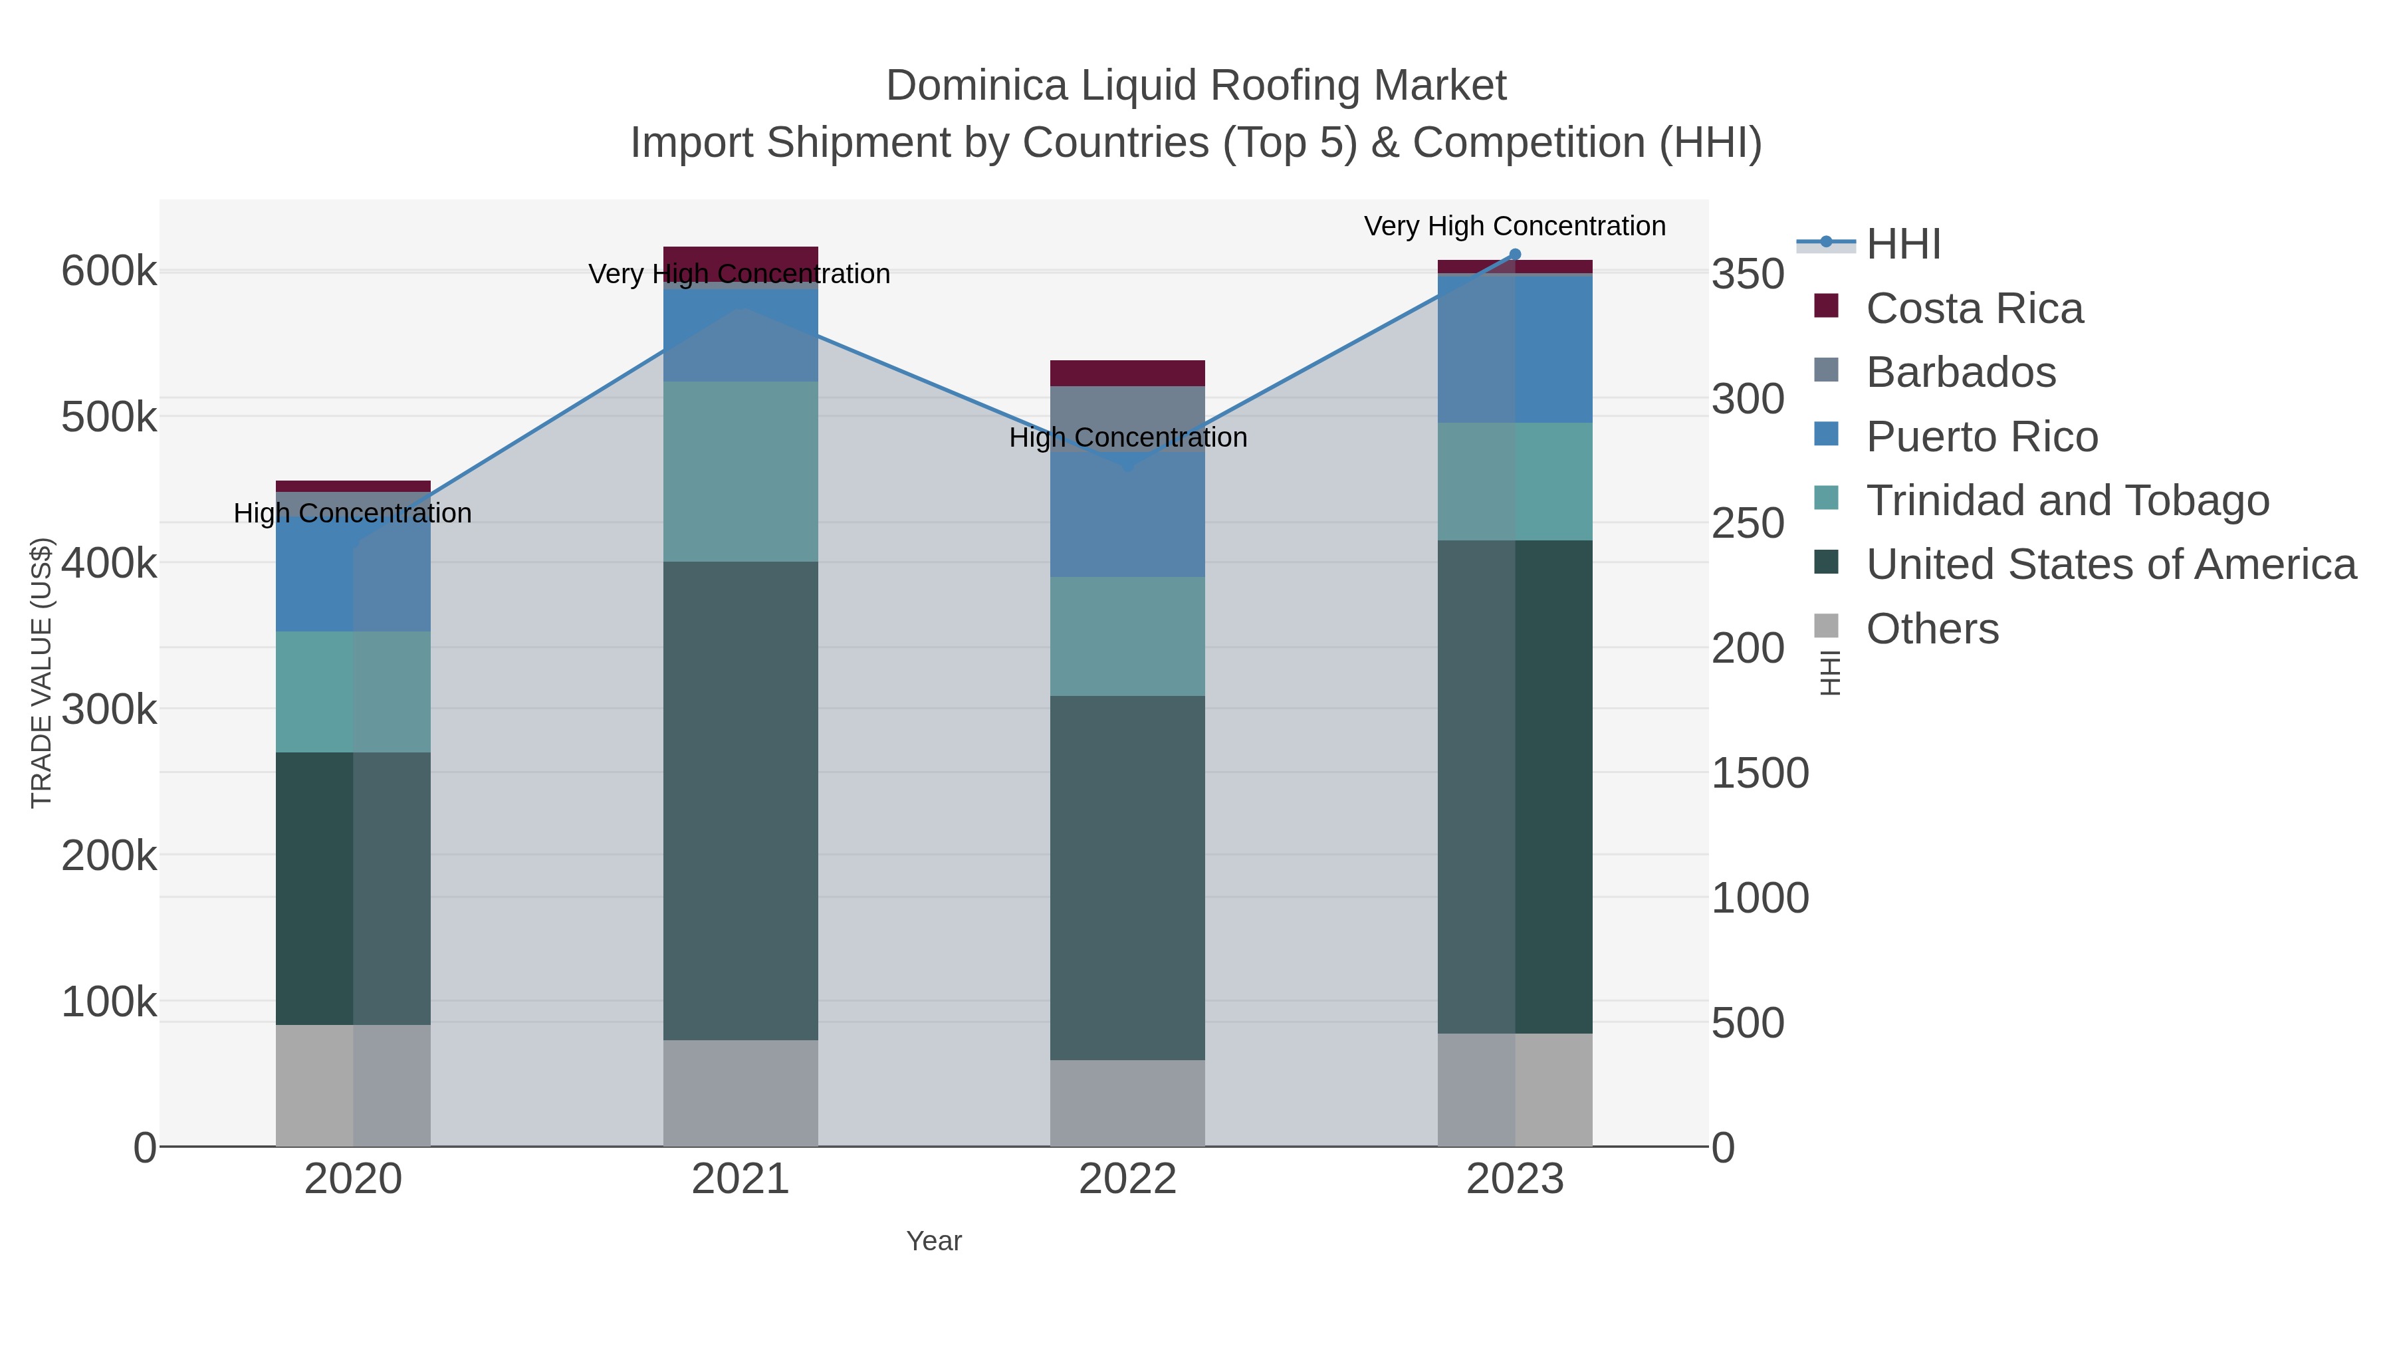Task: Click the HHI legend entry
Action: tap(1902, 245)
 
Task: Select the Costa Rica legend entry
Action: tap(1974, 308)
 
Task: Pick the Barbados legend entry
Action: tap(1960, 372)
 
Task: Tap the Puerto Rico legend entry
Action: tap(1982, 437)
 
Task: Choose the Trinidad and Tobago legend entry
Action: tap(2067, 501)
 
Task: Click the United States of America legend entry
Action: tap(2110, 565)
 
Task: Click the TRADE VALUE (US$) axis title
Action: tap(42, 673)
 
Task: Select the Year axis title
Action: tap(934, 1241)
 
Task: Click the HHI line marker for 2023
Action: tap(1515, 255)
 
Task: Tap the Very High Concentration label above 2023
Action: tap(1514, 227)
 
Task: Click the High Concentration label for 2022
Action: tap(1128, 437)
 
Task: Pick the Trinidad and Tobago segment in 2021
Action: tap(741, 471)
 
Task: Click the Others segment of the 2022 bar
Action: tap(1128, 1103)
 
